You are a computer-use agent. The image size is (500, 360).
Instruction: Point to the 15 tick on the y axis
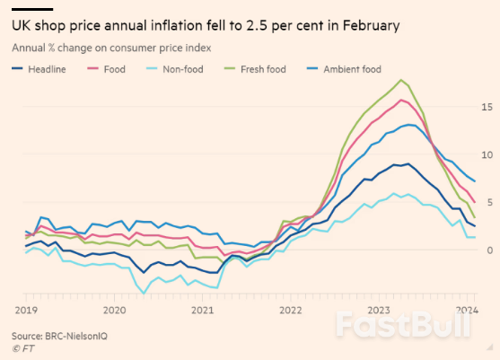point(487,107)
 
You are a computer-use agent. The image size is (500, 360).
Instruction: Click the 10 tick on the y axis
point(487,154)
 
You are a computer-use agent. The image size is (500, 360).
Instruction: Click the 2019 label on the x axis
point(24,309)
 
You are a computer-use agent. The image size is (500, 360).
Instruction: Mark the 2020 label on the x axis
point(114,309)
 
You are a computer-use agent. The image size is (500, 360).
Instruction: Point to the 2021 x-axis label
point(204,309)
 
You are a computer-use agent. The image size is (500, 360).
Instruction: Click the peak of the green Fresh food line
point(401,80)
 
